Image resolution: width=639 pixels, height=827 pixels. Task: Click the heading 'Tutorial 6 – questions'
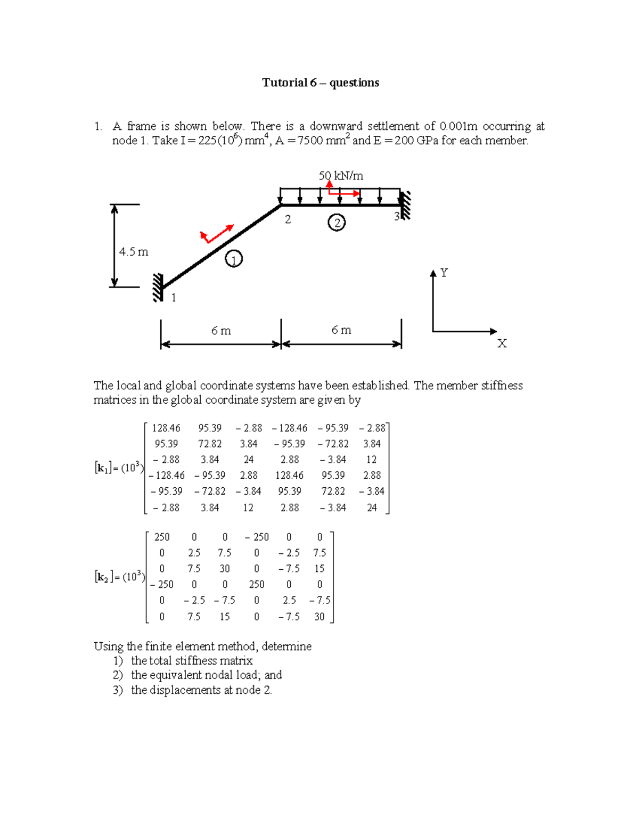320,83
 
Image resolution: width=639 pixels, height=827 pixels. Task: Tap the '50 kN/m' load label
341,175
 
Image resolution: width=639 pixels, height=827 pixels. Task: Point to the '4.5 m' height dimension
133,252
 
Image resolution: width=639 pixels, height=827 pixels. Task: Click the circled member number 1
234,259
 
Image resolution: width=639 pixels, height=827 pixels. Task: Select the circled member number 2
337,222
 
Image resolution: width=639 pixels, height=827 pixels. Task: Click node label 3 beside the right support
396,216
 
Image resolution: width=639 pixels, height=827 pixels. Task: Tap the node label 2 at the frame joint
288,219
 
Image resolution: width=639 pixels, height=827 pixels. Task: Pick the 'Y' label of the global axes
444,273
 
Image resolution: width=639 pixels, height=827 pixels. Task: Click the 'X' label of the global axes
502,343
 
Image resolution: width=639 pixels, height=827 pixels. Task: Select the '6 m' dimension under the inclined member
221,331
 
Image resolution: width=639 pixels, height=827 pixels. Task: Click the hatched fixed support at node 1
158,288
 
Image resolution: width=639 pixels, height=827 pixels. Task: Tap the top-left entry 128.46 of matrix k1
166,428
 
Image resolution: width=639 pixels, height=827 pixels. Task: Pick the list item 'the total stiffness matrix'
192,661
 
